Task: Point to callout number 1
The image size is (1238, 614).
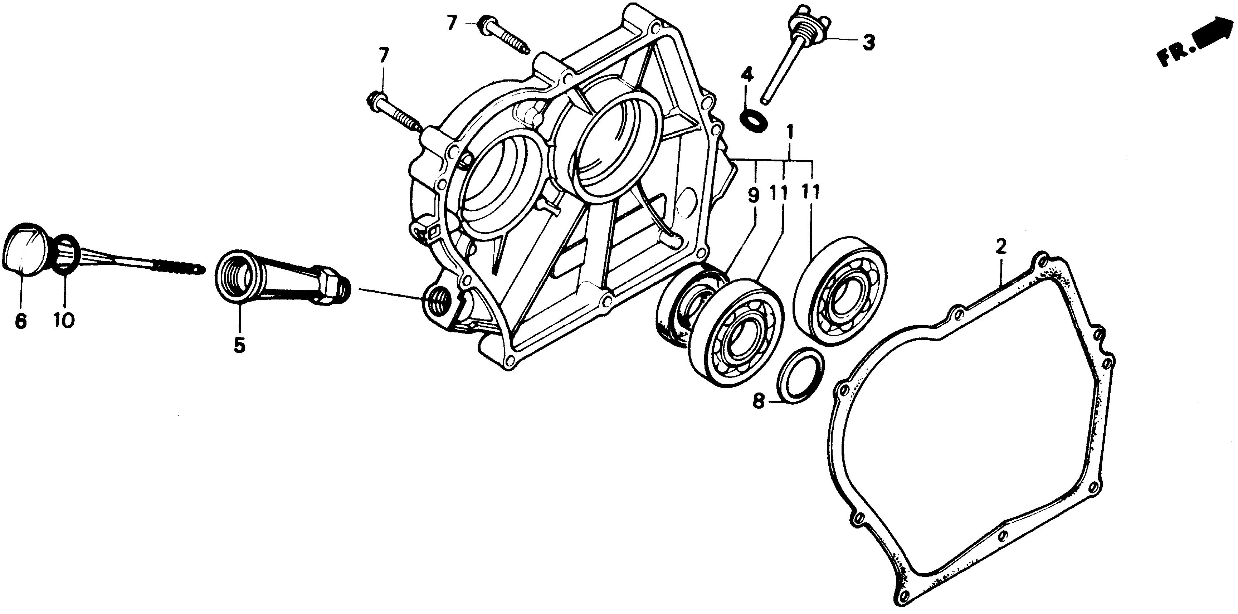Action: (x=790, y=131)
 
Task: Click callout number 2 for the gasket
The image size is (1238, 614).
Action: (x=1000, y=248)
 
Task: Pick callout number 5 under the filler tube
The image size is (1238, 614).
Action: (x=239, y=345)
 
